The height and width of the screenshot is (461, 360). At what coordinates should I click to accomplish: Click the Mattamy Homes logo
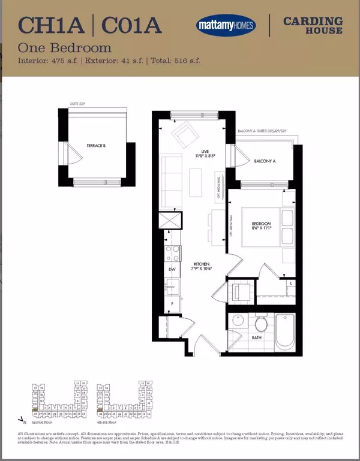pos(226,25)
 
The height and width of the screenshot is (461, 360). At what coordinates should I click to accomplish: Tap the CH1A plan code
pos(50,26)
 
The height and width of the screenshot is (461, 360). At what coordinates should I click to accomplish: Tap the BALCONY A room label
pos(265,161)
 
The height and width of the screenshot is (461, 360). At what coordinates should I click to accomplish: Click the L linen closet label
pos(290,283)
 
